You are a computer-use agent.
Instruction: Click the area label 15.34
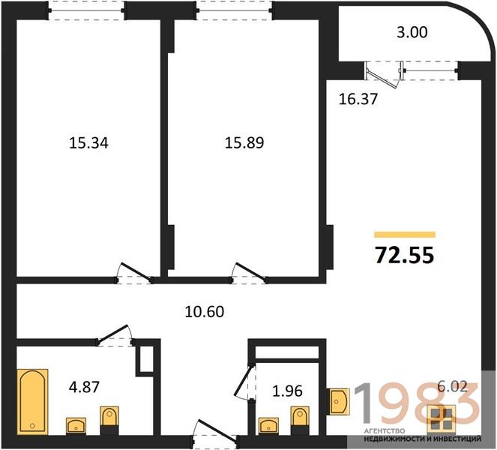pyautogui.click(x=88, y=143)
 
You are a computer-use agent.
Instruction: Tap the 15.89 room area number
pyautogui.click(x=244, y=142)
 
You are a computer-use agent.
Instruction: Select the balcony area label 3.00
pyautogui.click(x=412, y=32)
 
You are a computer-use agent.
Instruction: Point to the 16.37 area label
pyautogui.click(x=358, y=99)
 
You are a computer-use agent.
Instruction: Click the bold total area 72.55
pyautogui.click(x=405, y=255)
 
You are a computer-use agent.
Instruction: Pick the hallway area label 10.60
pyautogui.click(x=205, y=312)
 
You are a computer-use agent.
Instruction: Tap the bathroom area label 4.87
pyautogui.click(x=84, y=387)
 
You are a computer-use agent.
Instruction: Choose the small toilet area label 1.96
pyautogui.click(x=288, y=391)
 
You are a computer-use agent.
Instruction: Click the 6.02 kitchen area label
pyautogui.click(x=452, y=386)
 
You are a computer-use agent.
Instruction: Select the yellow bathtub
pyautogui.click(x=33, y=402)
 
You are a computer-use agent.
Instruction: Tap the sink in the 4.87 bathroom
pyautogui.click(x=76, y=425)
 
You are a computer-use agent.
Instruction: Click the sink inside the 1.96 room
pyautogui.click(x=269, y=425)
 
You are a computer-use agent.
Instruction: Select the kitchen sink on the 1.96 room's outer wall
pyautogui.click(x=339, y=401)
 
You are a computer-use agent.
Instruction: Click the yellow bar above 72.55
pyautogui.click(x=405, y=235)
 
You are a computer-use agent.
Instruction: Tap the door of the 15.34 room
pyautogui.click(x=134, y=272)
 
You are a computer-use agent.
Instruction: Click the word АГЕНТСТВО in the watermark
pyautogui.click(x=385, y=431)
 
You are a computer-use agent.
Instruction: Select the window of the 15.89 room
pyautogui.click(x=234, y=10)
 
